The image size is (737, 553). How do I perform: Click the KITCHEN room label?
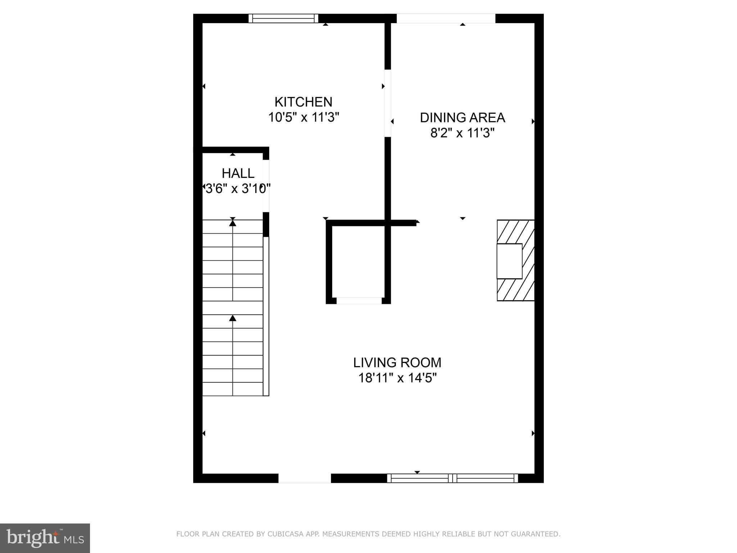[303, 102]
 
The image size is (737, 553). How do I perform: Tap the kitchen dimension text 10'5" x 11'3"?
[304, 117]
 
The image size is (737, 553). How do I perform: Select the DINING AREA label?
[462, 118]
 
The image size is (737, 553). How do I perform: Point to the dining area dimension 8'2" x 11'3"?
[462, 133]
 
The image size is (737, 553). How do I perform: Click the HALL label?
[238, 173]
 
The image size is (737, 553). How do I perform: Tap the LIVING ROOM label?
[397, 363]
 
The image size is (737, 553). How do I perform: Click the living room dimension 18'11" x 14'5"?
[397, 378]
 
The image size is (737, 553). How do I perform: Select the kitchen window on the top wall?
[284, 18]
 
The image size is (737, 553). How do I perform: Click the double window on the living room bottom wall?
[452, 478]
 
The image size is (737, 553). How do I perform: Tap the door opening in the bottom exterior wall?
[304, 478]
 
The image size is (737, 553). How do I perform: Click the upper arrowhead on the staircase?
[233, 223]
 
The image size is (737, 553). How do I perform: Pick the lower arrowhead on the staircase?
[233, 318]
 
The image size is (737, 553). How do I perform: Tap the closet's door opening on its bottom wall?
[359, 301]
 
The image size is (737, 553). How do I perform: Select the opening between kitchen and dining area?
[388, 103]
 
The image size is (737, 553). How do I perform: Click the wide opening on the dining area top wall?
[446, 18]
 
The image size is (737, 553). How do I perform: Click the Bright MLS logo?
[45, 538]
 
